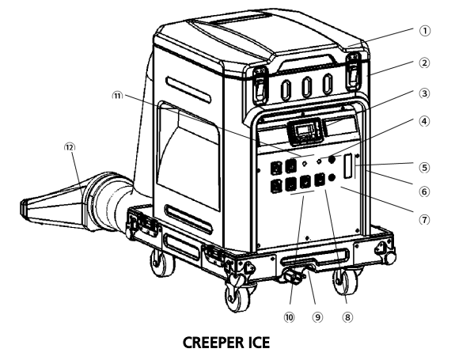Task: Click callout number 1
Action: point(424,31)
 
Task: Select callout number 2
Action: point(424,63)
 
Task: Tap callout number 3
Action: point(424,93)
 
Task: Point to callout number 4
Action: point(424,121)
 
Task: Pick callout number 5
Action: point(424,168)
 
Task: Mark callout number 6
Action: point(424,191)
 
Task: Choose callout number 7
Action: point(424,220)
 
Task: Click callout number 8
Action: point(347,317)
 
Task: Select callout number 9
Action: point(317,317)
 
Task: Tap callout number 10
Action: point(289,317)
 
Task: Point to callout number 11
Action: point(118,96)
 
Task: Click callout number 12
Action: point(70,147)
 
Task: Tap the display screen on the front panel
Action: point(305,131)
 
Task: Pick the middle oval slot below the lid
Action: point(307,87)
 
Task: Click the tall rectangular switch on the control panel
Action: point(347,166)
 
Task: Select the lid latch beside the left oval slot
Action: point(260,85)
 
